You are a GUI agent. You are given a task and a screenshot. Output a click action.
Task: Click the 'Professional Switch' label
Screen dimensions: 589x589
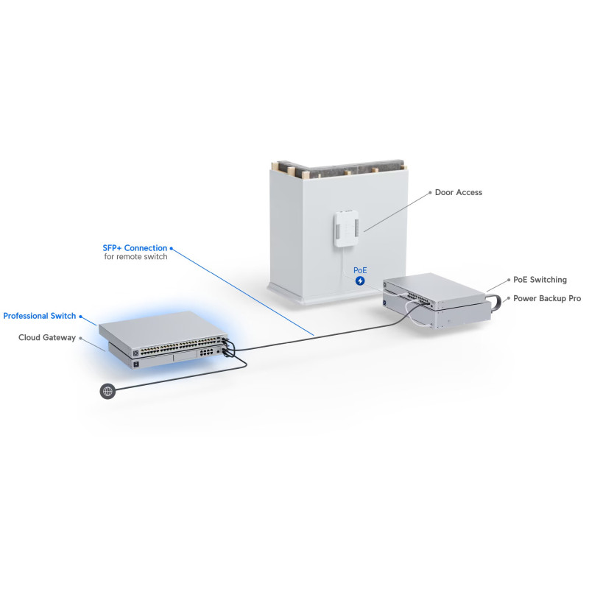point(40,316)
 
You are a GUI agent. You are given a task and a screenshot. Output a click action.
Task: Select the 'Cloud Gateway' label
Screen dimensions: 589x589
point(47,338)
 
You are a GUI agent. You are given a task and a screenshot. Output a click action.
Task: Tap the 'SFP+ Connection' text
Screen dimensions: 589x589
point(135,248)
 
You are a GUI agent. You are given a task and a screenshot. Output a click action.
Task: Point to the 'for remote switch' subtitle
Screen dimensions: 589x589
point(135,256)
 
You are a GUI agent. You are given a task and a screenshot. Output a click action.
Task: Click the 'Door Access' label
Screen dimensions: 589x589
point(458,192)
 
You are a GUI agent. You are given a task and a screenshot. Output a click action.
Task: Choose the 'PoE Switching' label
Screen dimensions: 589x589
point(540,280)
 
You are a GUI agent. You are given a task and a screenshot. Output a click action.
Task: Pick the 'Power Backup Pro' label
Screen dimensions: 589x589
point(547,298)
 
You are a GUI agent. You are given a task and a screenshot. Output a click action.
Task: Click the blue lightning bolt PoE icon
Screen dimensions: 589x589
point(360,281)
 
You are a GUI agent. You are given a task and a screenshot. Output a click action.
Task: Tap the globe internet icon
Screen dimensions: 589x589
point(107,391)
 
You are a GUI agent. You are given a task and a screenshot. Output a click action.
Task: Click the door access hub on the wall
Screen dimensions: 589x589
point(346,228)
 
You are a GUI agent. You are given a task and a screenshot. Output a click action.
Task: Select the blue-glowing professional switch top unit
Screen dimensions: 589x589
point(163,333)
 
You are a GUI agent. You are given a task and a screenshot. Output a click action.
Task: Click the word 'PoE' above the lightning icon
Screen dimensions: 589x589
point(360,270)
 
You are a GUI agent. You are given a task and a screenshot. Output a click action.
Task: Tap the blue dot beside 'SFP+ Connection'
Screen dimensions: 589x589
point(172,248)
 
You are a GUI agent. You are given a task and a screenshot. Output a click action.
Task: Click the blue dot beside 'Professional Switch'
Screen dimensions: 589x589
point(80,317)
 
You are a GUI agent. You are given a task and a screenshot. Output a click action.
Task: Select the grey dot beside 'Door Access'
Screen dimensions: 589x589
point(430,193)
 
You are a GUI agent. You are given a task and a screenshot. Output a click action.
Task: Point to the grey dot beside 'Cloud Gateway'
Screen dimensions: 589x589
point(80,338)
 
